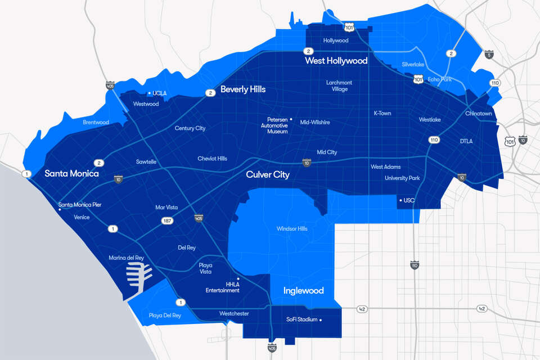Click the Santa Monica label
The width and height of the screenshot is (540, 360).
71,174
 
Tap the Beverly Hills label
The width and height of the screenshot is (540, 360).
243,89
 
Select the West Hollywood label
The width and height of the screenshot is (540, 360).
336,61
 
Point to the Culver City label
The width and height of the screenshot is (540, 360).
268,175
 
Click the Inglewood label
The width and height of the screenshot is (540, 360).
303,291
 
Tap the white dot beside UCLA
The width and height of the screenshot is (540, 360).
148,93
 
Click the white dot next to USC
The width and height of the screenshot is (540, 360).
400,200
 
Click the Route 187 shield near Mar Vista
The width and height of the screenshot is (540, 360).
168,221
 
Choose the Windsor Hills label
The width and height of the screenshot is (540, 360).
292,229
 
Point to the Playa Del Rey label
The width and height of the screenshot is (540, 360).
165,316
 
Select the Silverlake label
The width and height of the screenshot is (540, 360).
416,65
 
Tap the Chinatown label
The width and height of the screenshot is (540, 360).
478,114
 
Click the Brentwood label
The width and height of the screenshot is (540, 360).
96,122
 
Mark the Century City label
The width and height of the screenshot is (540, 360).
190,128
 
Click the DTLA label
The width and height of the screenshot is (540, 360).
466,141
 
